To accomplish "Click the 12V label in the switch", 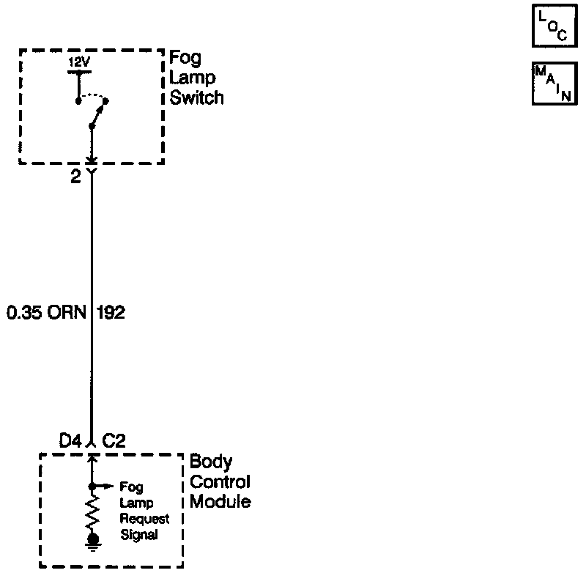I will tap(78, 63).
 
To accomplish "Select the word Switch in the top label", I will tap(196, 97).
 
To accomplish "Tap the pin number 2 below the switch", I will tap(75, 177).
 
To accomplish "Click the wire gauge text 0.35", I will tap(24, 313).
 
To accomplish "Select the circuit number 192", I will tap(110, 313).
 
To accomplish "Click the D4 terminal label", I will tap(71, 441).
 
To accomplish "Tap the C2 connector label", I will tap(114, 441).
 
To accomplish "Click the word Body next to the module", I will tap(211, 462).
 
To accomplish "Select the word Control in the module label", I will tap(220, 482).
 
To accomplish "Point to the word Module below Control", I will tap(220, 502).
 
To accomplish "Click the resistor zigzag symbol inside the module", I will tap(92, 512).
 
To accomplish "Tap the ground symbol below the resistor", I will tap(92, 542).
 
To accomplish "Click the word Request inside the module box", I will tap(144, 519).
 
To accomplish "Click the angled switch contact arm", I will tap(98, 114).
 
